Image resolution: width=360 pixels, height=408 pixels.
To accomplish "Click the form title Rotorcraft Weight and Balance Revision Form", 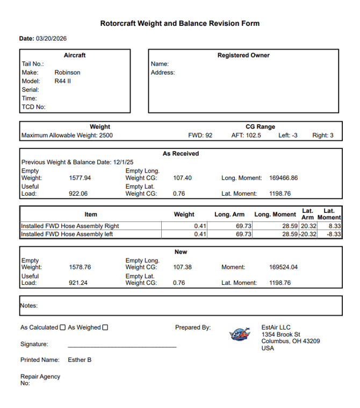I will (x=179, y=24).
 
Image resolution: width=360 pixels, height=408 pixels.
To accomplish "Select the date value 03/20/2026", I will (x=51, y=39).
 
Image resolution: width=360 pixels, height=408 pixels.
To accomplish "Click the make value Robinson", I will (x=67, y=73).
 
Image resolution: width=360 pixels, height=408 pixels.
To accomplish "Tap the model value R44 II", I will (x=63, y=81).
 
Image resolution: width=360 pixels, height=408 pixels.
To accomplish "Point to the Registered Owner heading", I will (x=243, y=55).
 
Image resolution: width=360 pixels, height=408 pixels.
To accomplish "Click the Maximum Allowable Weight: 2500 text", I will (x=67, y=135).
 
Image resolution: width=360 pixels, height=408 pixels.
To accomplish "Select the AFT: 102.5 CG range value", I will (x=246, y=135).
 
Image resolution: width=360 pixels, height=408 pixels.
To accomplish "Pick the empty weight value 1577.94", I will (x=80, y=178).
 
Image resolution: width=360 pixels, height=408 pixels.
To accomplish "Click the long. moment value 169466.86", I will (x=283, y=178).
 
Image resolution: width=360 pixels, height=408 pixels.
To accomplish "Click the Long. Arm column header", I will (x=229, y=214).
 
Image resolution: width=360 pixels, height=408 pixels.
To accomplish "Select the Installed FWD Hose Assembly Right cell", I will (x=70, y=226).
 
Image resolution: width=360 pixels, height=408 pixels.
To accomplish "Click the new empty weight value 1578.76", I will (x=80, y=267).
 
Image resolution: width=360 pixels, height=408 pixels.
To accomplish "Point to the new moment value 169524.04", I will (x=283, y=267).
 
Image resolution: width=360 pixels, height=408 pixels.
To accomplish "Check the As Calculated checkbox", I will (x=63, y=327).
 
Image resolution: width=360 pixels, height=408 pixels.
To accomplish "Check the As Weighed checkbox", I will (x=105, y=327).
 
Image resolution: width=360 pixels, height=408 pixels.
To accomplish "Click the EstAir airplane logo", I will (x=240, y=334).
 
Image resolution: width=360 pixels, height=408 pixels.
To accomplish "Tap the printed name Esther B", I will (x=80, y=360).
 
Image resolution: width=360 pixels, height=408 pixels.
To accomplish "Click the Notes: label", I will (x=29, y=306).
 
